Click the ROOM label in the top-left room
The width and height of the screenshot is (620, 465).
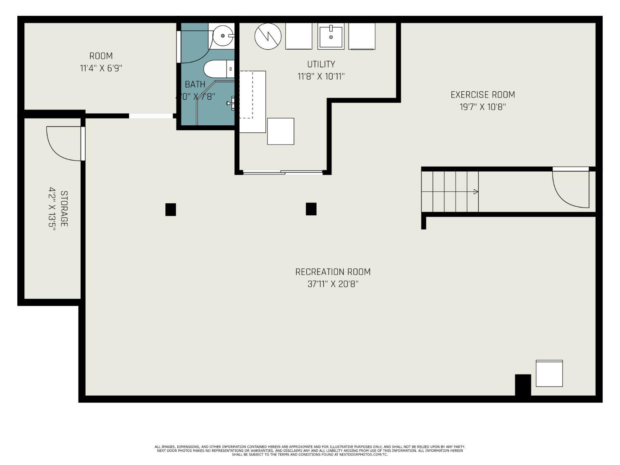click(x=101, y=56)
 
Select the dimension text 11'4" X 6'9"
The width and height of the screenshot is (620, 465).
click(x=101, y=68)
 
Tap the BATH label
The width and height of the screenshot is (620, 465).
click(x=195, y=84)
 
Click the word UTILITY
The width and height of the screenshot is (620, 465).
click(x=321, y=64)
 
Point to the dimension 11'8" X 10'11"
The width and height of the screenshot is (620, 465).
click(x=321, y=76)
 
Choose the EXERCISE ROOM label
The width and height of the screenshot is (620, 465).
click(x=482, y=95)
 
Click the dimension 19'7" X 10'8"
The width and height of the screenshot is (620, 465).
click(x=482, y=107)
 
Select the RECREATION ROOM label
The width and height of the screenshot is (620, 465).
click(x=333, y=272)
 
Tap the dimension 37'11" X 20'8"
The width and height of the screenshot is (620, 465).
click(x=333, y=284)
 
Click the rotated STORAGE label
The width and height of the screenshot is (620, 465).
click(x=64, y=209)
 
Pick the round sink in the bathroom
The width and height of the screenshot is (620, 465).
click(x=223, y=36)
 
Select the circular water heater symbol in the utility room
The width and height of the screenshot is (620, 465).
click(x=268, y=36)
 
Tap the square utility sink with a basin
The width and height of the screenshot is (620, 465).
click(x=331, y=36)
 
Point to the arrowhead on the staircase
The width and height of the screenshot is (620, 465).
click(x=476, y=192)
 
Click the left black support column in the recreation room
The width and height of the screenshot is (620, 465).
click(x=171, y=210)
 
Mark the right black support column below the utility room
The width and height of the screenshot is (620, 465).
click(x=311, y=209)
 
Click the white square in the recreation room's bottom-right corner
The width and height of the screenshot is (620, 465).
click(x=549, y=374)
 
